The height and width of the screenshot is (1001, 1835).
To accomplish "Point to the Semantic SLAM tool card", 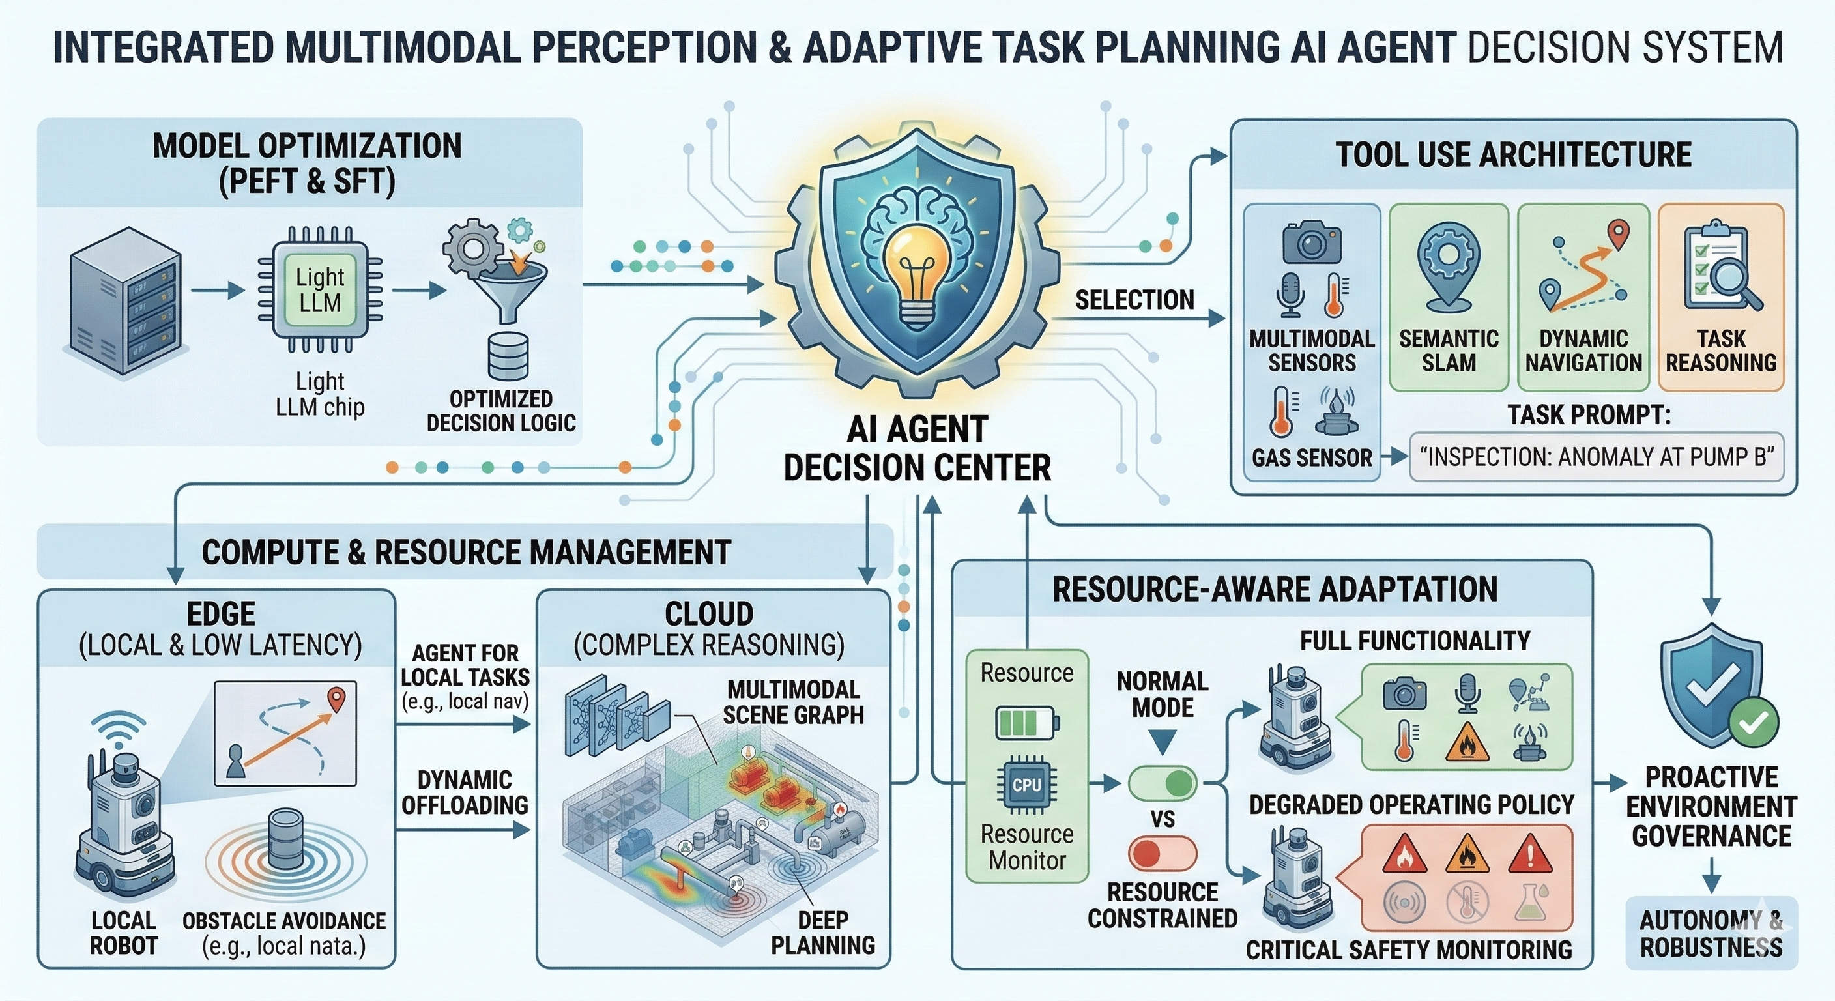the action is point(1449,297).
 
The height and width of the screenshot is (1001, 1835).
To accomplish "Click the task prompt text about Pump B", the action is point(1597,457).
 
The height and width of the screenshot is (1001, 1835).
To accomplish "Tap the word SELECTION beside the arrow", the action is point(1134,300).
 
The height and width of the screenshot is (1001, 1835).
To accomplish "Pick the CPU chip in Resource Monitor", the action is point(1026,785).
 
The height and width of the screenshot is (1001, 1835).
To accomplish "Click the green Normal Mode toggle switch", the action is point(1163,783).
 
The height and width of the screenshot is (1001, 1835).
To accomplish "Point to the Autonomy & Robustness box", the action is point(1711,934).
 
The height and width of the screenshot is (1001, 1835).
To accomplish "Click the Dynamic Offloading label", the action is point(465,792).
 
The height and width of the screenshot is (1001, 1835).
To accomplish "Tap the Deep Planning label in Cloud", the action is point(823,933).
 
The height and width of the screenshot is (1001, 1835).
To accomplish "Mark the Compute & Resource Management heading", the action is point(466,552).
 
